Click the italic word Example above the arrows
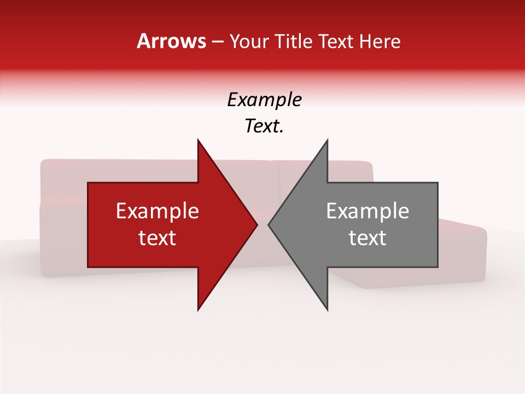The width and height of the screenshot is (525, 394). [x=264, y=100]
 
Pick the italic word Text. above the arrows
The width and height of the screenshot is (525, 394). [x=264, y=126]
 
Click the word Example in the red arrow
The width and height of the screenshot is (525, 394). [x=157, y=211]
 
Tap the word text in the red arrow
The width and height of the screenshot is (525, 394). [x=157, y=238]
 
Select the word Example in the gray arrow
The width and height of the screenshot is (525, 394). [x=367, y=211]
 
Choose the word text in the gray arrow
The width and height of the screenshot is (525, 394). [x=367, y=238]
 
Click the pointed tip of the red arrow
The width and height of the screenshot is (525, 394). [x=256, y=224]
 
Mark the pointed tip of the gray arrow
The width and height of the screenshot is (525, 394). [x=269, y=224]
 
